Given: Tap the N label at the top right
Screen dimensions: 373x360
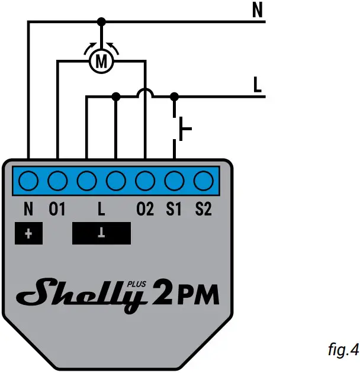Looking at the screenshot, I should [257, 10].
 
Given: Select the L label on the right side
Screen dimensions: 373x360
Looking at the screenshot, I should [257, 85].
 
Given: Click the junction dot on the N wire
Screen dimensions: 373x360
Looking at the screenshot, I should [102, 22].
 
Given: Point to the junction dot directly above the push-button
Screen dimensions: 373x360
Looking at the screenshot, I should [174, 96].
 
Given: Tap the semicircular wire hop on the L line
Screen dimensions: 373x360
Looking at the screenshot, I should [145, 93].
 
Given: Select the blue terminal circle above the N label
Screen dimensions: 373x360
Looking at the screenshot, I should [28, 179].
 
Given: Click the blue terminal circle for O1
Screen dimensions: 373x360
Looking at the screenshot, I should [57, 179].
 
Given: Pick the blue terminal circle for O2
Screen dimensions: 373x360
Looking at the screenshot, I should [145, 179].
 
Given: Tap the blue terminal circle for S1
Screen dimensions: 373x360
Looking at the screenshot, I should [174, 179].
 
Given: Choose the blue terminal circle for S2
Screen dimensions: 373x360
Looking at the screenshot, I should [203, 179].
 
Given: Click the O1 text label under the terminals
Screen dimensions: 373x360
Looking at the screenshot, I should [57, 208].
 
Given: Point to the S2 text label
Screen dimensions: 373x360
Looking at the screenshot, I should [203, 208].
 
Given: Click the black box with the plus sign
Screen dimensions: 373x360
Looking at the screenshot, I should [28, 233].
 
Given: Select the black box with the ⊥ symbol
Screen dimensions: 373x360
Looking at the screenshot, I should [101, 233].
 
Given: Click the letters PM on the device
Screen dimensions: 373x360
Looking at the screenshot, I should [198, 294].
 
